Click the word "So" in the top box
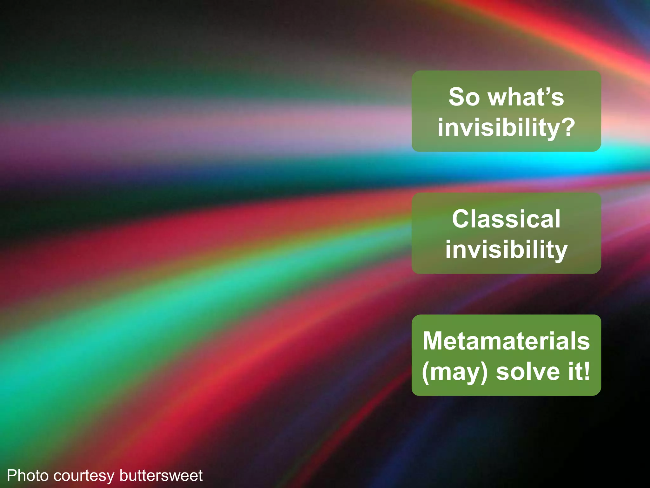[x=464, y=97]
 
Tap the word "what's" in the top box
[x=526, y=97]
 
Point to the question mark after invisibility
[x=567, y=126]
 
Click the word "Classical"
[x=506, y=219]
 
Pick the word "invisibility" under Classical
[x=506, y=250]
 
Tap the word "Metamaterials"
[x=506, y=341]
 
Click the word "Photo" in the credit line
[x=28, y=476]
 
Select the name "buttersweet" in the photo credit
[x=161, y=476]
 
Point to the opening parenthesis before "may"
[x=426, y=372]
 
